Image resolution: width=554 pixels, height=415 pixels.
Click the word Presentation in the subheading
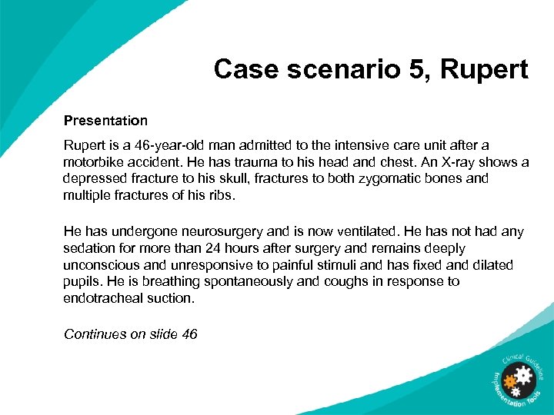point(105,121)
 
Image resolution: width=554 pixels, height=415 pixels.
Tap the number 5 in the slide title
point(389,70)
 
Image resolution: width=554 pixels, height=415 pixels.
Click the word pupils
point(81,281)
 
